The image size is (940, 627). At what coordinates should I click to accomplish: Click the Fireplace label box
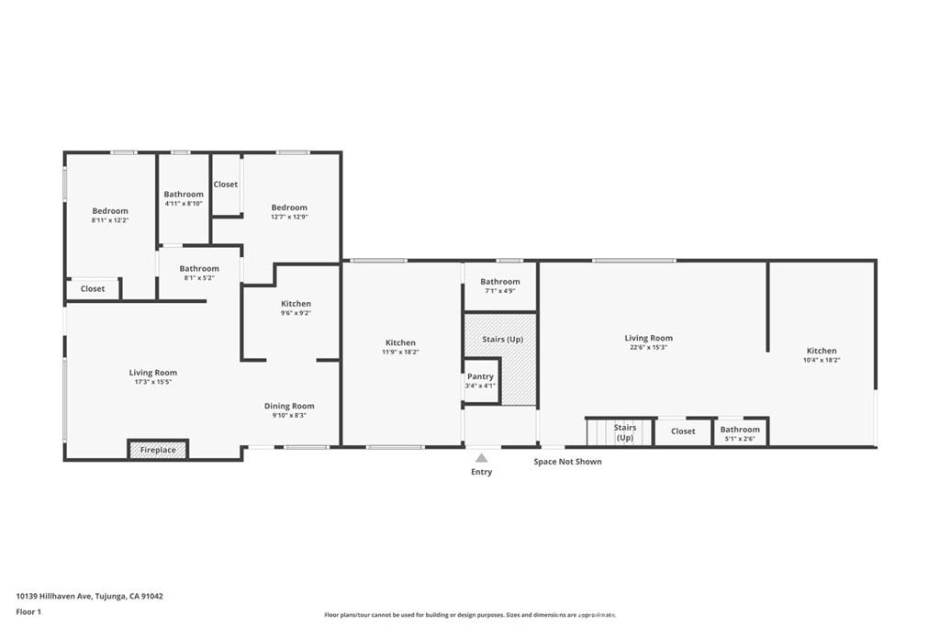(x=158, y=450)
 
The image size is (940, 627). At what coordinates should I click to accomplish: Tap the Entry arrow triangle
(x=481, y=457)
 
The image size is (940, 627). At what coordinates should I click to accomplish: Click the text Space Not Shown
(x=567, y=462)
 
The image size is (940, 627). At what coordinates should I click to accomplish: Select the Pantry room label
(x=480, y=376)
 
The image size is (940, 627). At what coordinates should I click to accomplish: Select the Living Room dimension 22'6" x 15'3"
(x=648, y=348)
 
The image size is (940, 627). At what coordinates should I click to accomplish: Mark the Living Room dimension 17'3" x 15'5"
(x=152, y=382)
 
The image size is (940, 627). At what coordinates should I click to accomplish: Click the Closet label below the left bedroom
(x=93, y=288)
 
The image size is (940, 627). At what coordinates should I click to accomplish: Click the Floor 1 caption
(x=28, y=611)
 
